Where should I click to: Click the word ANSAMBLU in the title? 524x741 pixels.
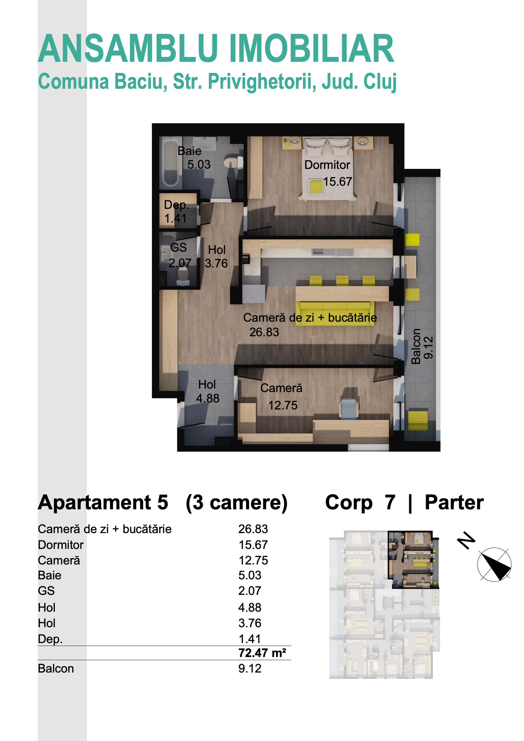pos(128,48)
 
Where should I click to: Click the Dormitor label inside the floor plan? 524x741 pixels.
pos(327,165)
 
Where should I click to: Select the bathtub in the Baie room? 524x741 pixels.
pos(171,162)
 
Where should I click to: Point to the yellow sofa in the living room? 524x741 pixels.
pos(335,313)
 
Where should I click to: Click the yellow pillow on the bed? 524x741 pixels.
pos(316,187)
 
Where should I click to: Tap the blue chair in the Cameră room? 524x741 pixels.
pos(349,409)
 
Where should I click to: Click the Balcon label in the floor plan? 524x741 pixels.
pos(416,347)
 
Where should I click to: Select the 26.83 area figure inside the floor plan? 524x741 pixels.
pos(264,332)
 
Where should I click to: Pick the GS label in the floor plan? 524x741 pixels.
pos(178,248)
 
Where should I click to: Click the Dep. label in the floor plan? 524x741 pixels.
pos(176,205)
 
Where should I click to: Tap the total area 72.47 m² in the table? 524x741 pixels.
pos(262,653)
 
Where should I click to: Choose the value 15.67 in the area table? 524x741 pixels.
pos(253,545)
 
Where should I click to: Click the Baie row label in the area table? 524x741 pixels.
pos(49,575)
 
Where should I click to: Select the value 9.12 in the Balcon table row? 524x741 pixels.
pos(249,668)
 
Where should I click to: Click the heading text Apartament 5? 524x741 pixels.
pos(103,502)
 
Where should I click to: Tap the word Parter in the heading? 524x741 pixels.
pos(454,502)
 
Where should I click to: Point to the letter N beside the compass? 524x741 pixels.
pos(466,540)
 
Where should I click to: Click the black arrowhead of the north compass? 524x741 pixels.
pos(494,565)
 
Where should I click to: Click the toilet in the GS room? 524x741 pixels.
pos(183,277)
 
